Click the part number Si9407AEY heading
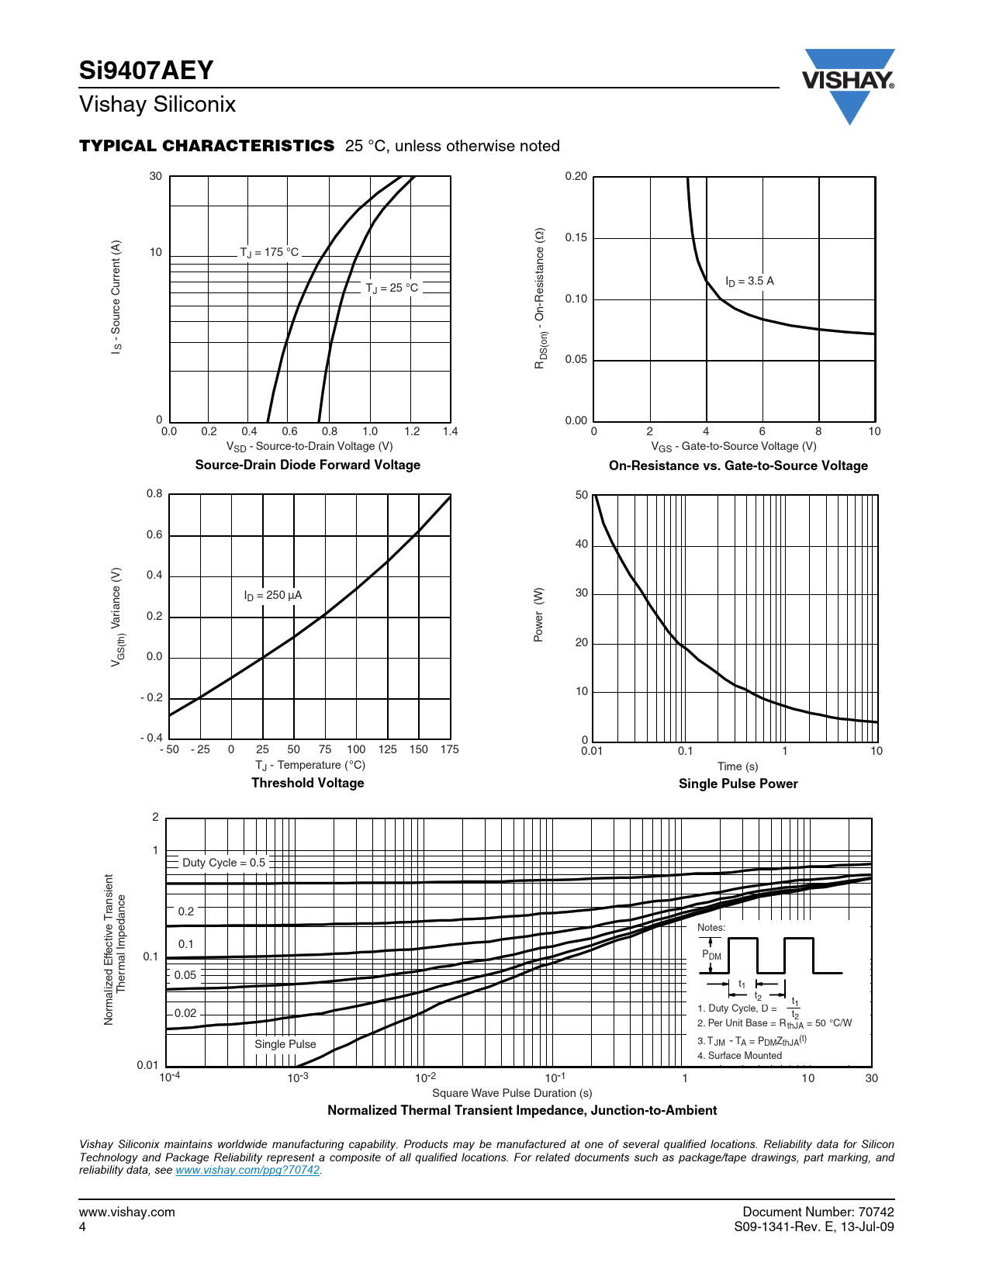146,71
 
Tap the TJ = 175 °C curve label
269,252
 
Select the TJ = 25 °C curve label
392,288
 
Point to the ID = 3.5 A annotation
749,281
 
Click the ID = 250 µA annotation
273,595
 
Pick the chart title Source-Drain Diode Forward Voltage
308,465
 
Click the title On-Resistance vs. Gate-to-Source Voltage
738,465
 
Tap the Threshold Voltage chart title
308,783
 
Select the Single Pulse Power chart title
738,784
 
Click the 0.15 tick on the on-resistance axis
576,237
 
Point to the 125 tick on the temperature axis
388,749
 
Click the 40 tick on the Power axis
582,544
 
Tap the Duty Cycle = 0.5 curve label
223,863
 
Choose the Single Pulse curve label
285,1044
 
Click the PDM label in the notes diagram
711,955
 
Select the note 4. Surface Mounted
739,1056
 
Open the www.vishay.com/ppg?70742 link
247,1170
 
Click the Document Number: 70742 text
818,1212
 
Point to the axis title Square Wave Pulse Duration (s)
512,1093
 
